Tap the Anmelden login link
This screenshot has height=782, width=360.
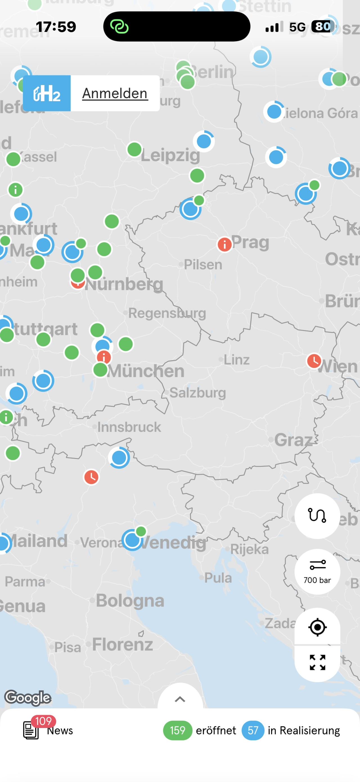click(115, 93)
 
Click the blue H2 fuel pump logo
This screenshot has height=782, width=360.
click(47, 93)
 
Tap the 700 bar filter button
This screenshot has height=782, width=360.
click(317, 572)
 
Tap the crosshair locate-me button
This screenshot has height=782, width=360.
click(317, 627)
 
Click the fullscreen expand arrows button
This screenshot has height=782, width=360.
click(317, 662)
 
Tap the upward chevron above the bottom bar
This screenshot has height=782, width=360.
click(180, 699)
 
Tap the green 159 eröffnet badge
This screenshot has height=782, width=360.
click(177, 730)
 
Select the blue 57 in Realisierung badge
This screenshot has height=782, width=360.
click(253, 730)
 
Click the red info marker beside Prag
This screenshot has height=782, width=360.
click(225, 244)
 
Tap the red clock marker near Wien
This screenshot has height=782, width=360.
click(314, 361)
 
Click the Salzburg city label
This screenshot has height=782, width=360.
click(198, 393)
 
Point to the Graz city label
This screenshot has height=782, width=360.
click(293, 440)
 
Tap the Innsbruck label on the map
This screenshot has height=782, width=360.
click(129, 427)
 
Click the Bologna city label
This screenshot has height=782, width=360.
click(130, 600)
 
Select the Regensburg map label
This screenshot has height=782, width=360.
click(167, 313)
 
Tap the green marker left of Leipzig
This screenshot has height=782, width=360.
click(134, 149)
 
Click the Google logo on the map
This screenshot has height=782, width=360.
click(28, 698)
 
